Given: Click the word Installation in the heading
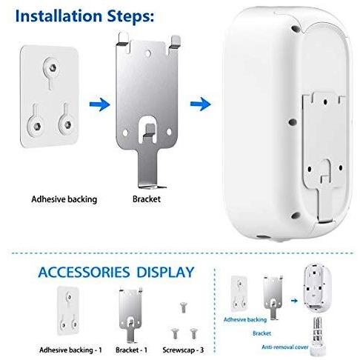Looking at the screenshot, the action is coord(59,16).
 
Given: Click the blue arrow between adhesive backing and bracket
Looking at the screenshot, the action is coord(99,104).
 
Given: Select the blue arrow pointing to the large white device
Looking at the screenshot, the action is coord(201,104).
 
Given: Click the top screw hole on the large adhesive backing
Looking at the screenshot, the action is coord(53,67).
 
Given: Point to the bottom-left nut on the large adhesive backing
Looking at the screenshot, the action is coord(37,126).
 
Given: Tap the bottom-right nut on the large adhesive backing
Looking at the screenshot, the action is coord(67,124).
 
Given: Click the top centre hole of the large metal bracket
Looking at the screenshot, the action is coord(148,53).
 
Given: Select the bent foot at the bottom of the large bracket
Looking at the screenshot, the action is coord(152,186).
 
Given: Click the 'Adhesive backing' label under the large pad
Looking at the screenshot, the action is coord(64,199).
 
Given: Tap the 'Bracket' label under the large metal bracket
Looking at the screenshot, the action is coord(147,199).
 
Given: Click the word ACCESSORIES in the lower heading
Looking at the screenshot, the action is coord(84,272).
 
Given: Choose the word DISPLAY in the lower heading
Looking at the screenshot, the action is coord(165,272).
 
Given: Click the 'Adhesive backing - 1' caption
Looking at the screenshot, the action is coord(70,350).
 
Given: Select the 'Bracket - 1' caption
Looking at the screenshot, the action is coord(131,350).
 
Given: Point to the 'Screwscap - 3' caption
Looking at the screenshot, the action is coord(183,350).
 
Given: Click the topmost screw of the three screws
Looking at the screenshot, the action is coord(183,307).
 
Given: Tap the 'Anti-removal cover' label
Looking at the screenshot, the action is coord(285,347).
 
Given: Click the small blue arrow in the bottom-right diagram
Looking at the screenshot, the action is coord(294,301).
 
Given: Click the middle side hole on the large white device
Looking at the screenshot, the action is coord(293,121).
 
